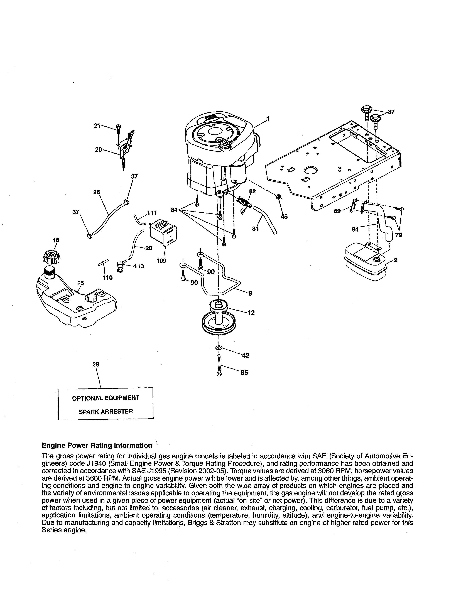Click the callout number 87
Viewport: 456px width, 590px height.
pyautogui.click(x=391, y=112)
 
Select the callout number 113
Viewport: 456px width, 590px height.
pyautogui.click(x=139, y=266)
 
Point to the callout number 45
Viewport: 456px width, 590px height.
pyautogui.click(x=284, y=216)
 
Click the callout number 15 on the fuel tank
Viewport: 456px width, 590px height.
pyautogui.click(x=80, y=283)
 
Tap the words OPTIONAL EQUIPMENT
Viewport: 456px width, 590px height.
pyautogui.click(x=106, y=398)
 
